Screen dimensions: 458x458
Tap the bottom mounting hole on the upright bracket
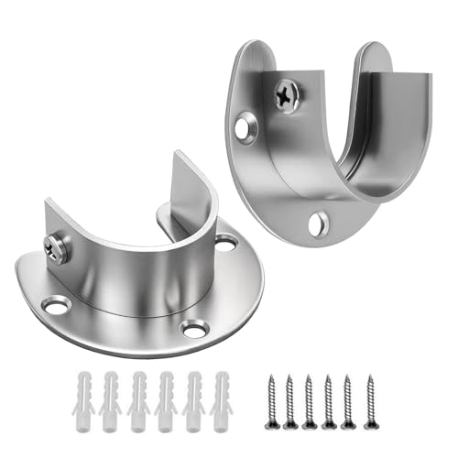[318, 221]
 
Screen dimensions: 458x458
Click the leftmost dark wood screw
[270, 397]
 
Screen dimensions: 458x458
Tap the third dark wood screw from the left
[310, 397]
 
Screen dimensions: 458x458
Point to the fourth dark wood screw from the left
[329, 397]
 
